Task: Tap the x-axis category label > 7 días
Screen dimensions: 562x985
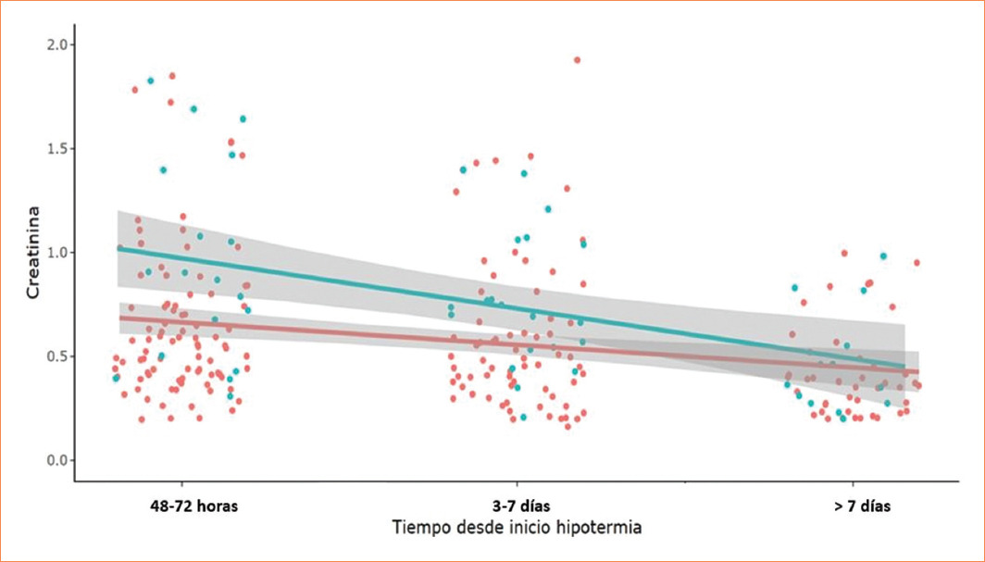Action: pos(862,506)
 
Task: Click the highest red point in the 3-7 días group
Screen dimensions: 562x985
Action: pos(577,60)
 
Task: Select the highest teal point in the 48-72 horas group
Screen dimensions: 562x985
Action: pos(150,81)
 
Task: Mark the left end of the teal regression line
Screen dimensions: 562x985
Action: pos(118,248)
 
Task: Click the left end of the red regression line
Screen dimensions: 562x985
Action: pos(119,318)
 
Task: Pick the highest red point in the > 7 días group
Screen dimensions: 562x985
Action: pos(844,253)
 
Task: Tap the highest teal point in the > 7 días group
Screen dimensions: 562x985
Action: pos(883,256)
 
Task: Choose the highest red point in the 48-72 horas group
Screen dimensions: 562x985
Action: pos(172,76)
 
